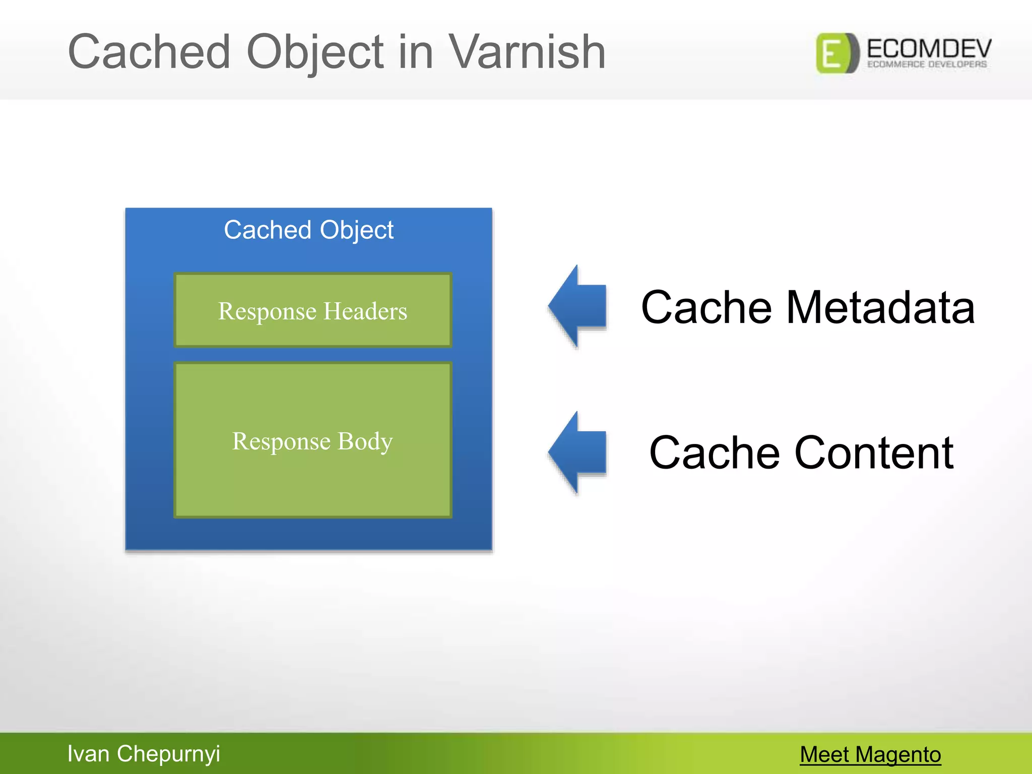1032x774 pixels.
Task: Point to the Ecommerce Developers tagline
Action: pyautogui.click(x=927, y=64)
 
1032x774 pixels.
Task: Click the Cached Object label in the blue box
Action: pyautogui.click(x=308, y=230)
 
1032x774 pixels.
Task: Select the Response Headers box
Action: pyautogui.click(x=312, y=310)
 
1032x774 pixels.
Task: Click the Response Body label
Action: pyautogui.click(x=312, y=441)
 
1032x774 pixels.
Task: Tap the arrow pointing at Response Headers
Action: pyautogui.click(x=579, y=306)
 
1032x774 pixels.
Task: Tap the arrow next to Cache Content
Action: pyautogui.click(x=579, y=452)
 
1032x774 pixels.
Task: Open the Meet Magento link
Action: pyautogui.click(x=870, y=754)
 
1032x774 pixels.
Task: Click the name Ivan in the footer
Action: pyautogui.click(x=88, y=754)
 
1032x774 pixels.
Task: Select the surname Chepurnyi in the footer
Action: pyautogui.click(x=168, y=754)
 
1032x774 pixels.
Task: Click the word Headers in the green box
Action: pyautogui.click(x=365, y=311)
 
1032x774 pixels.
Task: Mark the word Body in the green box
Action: pyautogui.click(x=365, y=441)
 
